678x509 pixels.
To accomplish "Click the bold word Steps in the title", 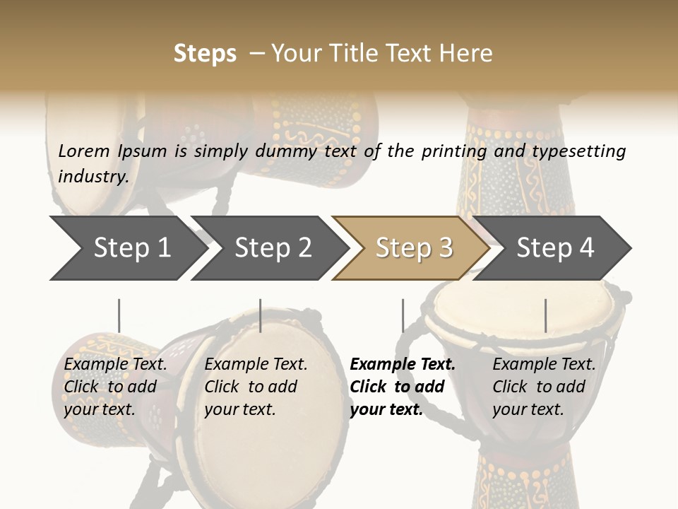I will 205,54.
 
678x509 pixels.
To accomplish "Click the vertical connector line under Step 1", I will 119,315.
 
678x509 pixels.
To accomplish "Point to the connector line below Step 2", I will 261,315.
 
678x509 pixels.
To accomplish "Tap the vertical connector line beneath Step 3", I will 403,315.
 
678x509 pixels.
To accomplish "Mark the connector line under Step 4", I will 545,315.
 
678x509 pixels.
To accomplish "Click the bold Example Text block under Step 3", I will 403,387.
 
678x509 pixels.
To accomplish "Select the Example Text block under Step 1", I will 115,387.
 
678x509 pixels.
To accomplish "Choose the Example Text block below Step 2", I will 256,387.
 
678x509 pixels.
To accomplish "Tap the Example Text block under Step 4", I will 544,387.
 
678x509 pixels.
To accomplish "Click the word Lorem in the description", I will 84,151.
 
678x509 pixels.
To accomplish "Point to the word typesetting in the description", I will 578,151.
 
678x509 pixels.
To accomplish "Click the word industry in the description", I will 93,177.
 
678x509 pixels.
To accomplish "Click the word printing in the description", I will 454,151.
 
